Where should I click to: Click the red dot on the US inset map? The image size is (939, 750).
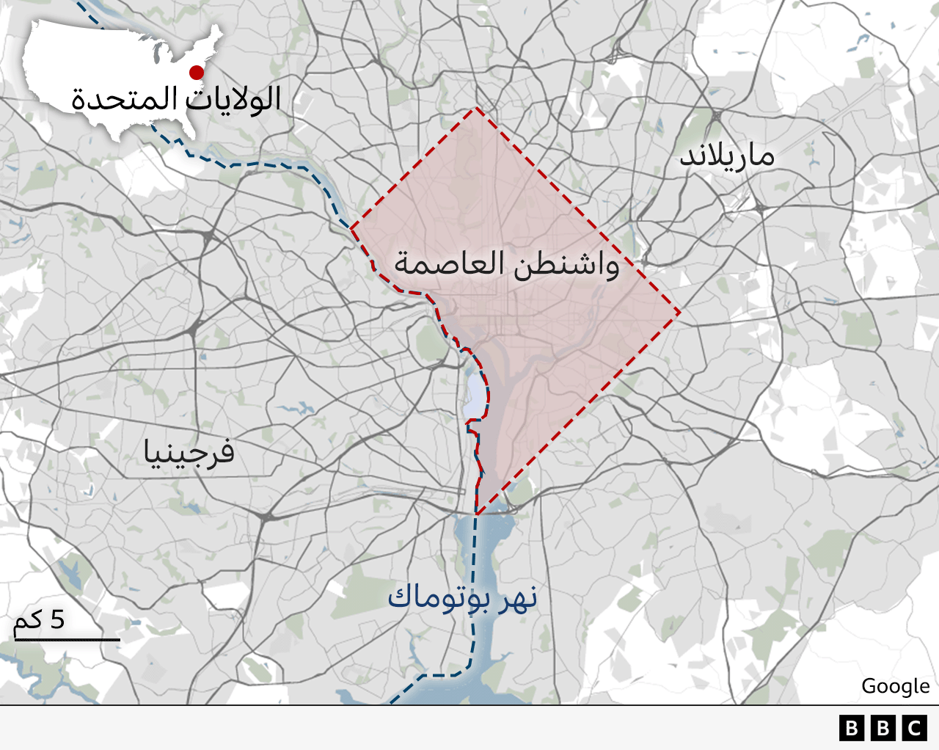tap(197, 72)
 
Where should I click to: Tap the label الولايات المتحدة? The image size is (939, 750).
tap(176, 98)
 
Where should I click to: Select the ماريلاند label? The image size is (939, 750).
tap(727, 156)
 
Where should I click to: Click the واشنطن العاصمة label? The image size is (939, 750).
tap(507, 263)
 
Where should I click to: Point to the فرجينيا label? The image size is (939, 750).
tap(189, 451)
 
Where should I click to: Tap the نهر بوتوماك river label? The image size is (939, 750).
tap(462, 597)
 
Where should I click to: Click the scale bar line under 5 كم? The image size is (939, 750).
tap(66, 640)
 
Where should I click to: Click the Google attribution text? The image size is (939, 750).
tap(895, 686)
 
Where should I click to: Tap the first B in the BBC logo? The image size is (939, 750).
tap(851, 728)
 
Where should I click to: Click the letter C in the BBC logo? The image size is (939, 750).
tap(915, 728)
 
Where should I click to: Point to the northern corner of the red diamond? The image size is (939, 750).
tap(477, 108)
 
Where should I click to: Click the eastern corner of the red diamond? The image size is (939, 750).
tap(680, 313)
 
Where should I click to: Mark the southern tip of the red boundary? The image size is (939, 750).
tap(477, 513)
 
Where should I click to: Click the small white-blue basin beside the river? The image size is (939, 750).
tap(475, 396)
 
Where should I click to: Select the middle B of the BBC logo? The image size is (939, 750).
tap(883, 728)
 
